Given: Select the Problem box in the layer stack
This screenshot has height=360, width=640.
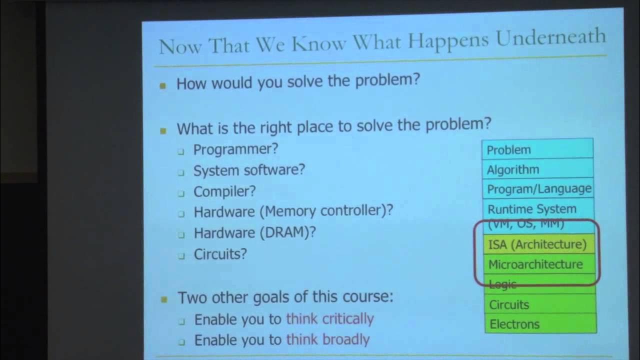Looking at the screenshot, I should (x=537, y=149).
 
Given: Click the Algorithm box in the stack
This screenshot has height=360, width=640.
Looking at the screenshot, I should (x=537, y=169).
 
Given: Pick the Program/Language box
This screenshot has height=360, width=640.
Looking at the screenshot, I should (x=538, y=189).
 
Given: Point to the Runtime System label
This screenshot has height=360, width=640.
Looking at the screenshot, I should (x=531, y=209).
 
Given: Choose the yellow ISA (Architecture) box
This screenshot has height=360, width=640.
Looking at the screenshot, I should (x=537, y=244).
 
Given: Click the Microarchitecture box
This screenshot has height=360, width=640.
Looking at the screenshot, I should (x=535, y=264).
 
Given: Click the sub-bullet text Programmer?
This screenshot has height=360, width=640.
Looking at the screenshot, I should (x=235, y=149).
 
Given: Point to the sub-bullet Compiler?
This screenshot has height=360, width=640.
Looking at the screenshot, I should (x=224, y=191).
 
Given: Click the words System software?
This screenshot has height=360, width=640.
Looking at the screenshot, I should (x=249, y=170).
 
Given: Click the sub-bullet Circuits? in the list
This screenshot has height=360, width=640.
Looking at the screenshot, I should (x=220, y=254).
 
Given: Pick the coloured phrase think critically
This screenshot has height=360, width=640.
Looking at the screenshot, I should (x=329, y=319).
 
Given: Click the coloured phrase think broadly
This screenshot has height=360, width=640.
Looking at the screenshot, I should (x=327, y=340).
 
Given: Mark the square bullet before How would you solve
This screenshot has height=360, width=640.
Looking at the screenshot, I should (x=162, y=85).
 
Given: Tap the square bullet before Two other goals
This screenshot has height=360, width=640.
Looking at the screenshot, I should (x=163, y=299).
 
